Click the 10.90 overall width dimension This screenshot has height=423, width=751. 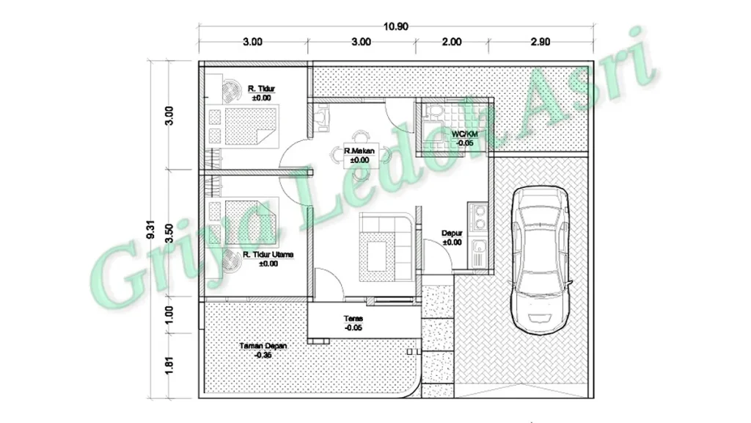(395, 26)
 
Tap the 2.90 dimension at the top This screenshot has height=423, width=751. (541, 42)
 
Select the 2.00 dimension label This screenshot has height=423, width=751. (451, 42)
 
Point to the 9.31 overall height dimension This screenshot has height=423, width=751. (151, 229)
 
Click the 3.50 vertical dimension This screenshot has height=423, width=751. (169, 233)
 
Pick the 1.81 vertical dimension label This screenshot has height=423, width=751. (169, 365)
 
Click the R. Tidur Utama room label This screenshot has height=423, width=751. (268, 255)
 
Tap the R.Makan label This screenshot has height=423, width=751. (359, 151)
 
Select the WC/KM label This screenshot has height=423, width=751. (464, 134)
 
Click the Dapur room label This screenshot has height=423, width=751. (452, 233)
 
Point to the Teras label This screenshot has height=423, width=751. (353, 319)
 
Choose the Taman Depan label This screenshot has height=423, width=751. (263, 346)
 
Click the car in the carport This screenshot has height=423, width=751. (541, 260)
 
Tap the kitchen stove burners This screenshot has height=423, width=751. (478, 217)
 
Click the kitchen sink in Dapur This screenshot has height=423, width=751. (478, 253)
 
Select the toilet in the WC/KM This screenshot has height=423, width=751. (435, 112)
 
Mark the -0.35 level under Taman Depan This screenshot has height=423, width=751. (263, 355)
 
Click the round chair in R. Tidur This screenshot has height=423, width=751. (232, 90)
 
